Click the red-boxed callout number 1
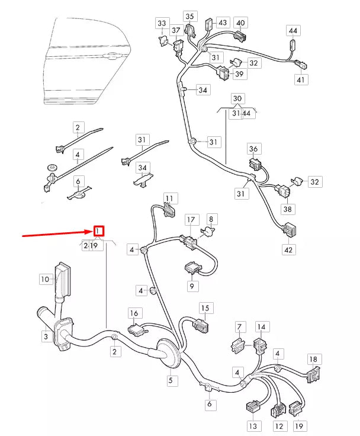[x=99, y=231]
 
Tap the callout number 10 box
[x=44, y=278]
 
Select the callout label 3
[x=45, y=337]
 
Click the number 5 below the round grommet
[x=171, y=380]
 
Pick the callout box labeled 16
[x=134, y=313]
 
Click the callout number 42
[x=288, y=250]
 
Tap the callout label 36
[x=253, y=149]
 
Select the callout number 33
[x=162, y=23]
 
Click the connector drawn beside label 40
[x=239, y=36]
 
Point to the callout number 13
[x=253, y=426]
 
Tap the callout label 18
[x=313, y=359]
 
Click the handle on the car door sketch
[x=110, y=57]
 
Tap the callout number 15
[x=205, y=308]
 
